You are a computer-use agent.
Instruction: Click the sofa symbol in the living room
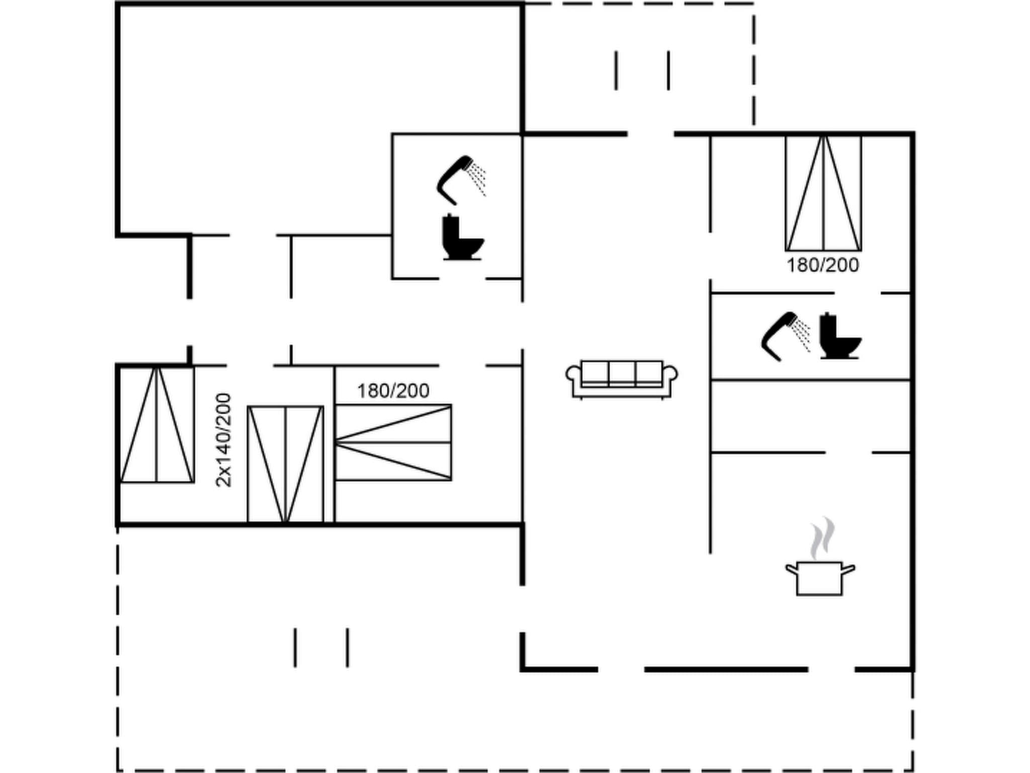[622, 379]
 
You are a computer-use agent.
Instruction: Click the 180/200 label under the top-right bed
[822, 265]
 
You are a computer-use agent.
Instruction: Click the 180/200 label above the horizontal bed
[393, 391]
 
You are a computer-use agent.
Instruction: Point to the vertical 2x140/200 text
[223, 440]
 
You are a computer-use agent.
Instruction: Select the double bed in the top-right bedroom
[823, 193]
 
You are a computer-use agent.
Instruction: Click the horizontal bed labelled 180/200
[393, 442]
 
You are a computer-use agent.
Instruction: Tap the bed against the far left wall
[157, 425]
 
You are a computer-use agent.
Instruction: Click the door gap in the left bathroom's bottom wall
[462, 278]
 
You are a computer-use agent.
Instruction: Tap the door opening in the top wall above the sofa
[651, 134]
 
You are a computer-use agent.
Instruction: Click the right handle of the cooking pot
[848, 570]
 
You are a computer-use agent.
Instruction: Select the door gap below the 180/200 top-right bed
[857, 293]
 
